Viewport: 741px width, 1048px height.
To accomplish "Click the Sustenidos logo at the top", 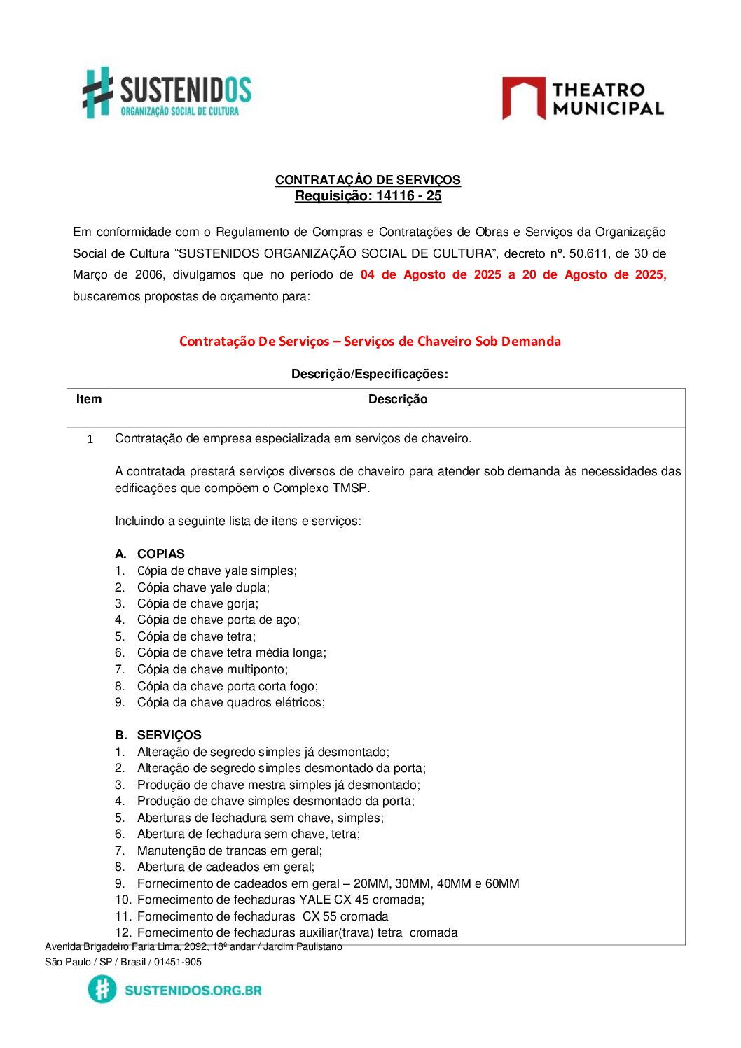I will tap(167, 92).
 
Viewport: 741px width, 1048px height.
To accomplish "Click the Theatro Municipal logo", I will tap(583, 99).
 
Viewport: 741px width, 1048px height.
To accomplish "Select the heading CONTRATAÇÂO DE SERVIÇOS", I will tap(368, 180).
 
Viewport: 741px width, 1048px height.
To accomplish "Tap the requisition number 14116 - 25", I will tap(408, 196).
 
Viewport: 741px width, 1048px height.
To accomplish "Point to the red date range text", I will tap(513, 274).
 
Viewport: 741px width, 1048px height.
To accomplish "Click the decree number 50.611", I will tap(588, 253).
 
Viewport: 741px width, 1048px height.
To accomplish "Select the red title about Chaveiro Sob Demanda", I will tap(370, 342).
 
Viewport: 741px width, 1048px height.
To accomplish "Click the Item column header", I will tap(89, 399).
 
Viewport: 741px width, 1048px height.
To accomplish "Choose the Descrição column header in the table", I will tap(397, 399).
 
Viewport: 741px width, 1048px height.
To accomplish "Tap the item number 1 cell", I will tap(90, 439).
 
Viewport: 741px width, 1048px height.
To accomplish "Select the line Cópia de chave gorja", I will tap(198, 603).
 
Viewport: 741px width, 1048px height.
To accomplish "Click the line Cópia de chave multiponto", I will tap(212, 669).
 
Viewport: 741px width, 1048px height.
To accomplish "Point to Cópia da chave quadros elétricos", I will tap(230, 702).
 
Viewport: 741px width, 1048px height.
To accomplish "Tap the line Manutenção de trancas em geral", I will tap(230, 851).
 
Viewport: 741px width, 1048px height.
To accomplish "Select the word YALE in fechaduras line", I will tap(314, 900).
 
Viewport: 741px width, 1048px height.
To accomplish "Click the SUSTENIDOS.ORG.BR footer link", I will tap(193, 991).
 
